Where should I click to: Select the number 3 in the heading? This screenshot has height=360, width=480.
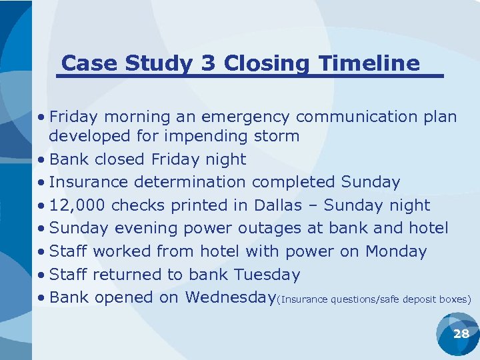(x=208, y=63)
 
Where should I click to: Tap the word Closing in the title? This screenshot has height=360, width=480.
(x=266, y=63)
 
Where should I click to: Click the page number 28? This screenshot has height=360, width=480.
(x=461, y=334)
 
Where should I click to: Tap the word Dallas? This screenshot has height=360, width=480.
(x=291, y=205)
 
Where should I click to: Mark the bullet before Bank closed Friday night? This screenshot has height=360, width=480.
(x=41, y=160)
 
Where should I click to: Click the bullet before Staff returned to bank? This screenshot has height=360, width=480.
(x=41, y=275)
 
